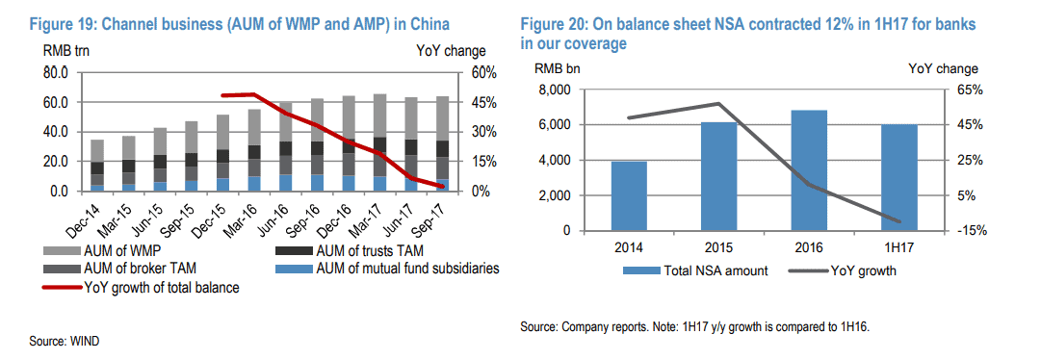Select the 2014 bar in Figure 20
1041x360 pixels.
click(629, 196)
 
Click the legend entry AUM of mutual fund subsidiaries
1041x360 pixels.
click(407, 269)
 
